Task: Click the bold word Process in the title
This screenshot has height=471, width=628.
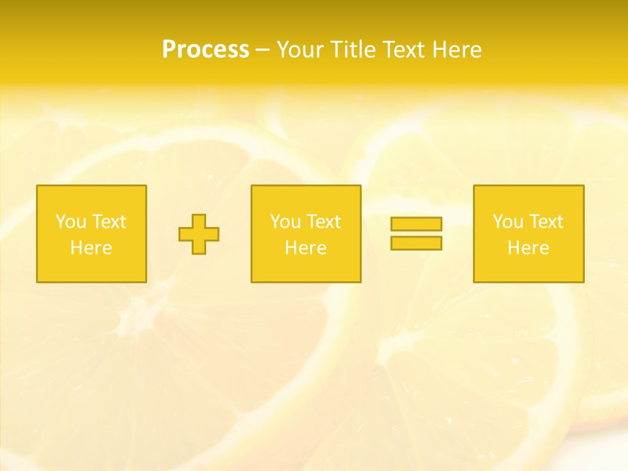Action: click(x=205, y=50)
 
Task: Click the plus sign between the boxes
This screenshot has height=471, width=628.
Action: click(x=199, y=234)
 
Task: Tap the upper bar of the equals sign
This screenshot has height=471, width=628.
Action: click(x=416, y=224)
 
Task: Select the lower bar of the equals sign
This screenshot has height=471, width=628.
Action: click(x=416, y=243)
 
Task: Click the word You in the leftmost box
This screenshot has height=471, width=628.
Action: click(x=71, y=222)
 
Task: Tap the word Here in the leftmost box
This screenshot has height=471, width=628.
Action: click(x=91, y=248)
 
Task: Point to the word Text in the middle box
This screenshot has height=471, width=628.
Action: click(x=323, y=222)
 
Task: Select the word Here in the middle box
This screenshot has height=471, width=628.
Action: click(x=305, y=248)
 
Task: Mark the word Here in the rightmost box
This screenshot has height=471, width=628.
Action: click(x=529, y=248)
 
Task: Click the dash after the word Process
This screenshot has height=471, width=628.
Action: click(x=262, y=50)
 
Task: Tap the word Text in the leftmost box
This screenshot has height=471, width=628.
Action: click(x=109, y=222)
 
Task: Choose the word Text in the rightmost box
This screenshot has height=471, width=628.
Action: click(x=546, y=222)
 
